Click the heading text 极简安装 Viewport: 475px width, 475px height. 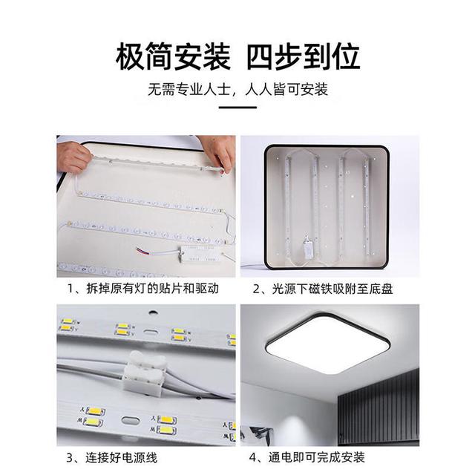(173, 56)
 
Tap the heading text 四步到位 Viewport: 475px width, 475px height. (304, 56)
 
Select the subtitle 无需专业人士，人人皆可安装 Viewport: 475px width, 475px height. (237, 89)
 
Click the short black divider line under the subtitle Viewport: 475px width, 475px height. (237, 107)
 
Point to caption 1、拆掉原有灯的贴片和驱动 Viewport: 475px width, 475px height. (143, 289)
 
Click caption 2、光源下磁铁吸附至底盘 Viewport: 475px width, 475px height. (323, 289)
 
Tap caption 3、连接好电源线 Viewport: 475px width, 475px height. (112, 457)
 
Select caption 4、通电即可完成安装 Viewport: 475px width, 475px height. (307, 457)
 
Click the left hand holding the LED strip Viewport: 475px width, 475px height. (73, 156)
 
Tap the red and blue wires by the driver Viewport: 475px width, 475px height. (143, 251)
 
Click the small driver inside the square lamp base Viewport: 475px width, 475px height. (307, 248)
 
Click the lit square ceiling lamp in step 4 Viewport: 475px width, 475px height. (328, 343)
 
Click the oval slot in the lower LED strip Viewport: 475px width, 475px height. (131, 420)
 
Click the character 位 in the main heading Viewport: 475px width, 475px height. (346, 56)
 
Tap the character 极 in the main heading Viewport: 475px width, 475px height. (130, 56)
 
